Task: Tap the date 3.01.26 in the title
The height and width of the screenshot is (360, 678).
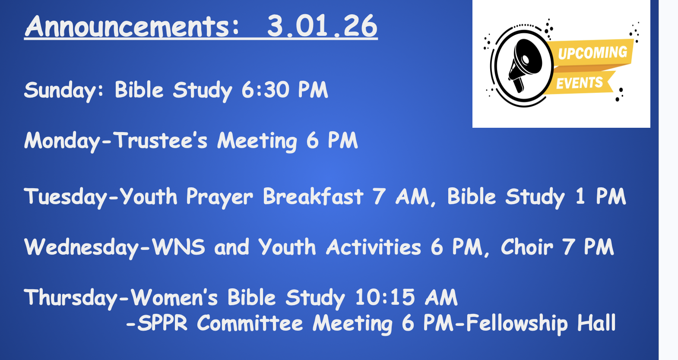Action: click(322, 26)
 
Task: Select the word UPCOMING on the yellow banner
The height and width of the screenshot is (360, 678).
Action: click(592, 53)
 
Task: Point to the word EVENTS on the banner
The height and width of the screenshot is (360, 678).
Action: click(580, 83)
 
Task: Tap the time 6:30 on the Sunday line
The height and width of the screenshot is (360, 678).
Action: click(265, 90)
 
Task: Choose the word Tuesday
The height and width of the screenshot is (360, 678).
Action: click(65, 197)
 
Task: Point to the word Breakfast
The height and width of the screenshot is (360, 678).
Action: click(313, 196)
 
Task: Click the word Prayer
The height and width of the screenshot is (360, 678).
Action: click(219, 197)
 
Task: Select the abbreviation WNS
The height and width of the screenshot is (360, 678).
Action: click(178, 247)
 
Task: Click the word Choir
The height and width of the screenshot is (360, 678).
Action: click(527, 247)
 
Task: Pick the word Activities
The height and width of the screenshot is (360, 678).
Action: click(374, 247)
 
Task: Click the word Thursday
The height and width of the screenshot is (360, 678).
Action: click(71, 298)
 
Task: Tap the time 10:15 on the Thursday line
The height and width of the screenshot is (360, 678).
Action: click(385, 297)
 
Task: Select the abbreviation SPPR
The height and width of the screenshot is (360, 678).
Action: click(163, 323)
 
